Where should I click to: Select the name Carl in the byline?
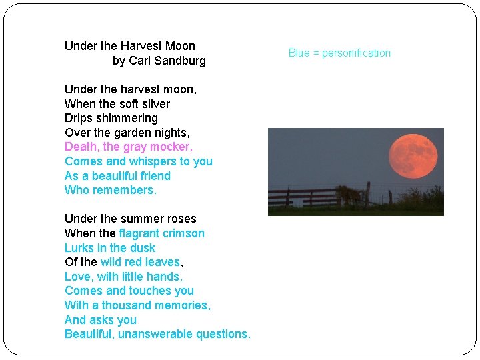coord(140,61)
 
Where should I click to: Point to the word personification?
coord(356,53)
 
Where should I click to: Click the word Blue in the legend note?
coord(299,53)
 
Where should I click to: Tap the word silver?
coord(155,104)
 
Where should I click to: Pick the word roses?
coord(181,219)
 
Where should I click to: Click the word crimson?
coord(183,233)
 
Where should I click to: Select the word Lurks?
coord(79,248)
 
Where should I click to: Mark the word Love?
coord(77,277)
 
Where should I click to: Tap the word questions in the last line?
coord(223,334)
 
